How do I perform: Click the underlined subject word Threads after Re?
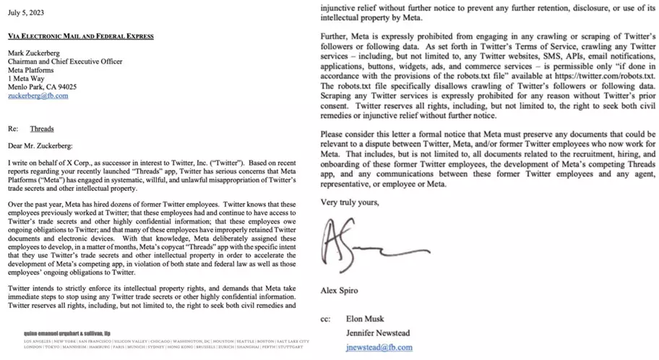click(x=42, y=129)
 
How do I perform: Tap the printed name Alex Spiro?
click(x=338, y=291)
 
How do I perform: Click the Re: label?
click(x=12, y=129)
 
